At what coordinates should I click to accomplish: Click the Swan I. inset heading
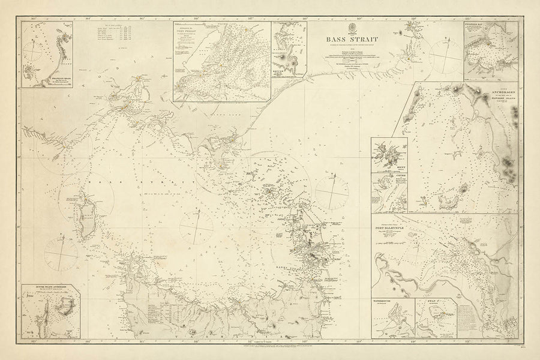point(433,301)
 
